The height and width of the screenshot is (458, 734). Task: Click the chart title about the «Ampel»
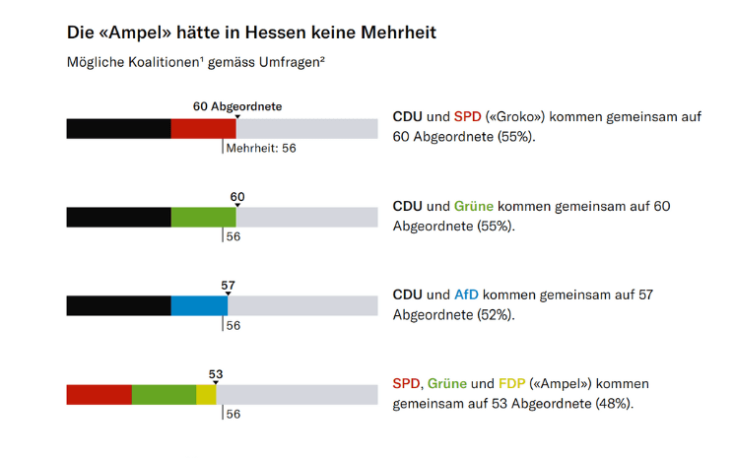[x=251, y=33]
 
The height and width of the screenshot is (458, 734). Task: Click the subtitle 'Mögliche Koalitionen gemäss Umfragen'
[x=196, y=62]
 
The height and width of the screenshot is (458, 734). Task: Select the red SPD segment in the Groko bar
[x=203, y=128]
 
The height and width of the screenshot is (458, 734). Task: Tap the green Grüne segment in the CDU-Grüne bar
[x=203, y=217]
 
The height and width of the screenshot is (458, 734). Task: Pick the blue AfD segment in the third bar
[x=199, y=305]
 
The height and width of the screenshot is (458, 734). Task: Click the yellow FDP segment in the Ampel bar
[x=206, y=394]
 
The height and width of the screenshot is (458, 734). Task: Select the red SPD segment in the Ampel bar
[x=99, y=394]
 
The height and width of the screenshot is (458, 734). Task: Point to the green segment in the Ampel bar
[x=164, y=394]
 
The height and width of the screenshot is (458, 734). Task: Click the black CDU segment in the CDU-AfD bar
[x=118, y=305]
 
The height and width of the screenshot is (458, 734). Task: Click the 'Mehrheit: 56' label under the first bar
[x=261, y=149]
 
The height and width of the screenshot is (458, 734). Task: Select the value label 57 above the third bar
[x=229, y=286]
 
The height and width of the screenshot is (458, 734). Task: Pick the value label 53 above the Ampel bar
[x=216, y=374]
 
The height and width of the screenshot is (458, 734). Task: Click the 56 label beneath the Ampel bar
[x=234, y=415]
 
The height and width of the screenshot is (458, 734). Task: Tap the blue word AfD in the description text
[x=466, y=294]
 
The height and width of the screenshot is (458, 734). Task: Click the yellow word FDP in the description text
[x=512, y=383]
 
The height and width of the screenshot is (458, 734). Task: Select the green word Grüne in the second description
[x=474, y=206]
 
